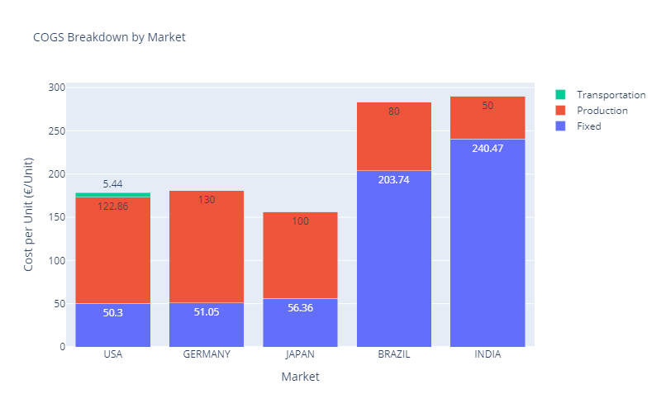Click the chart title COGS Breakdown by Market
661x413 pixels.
click(x=109, y=37)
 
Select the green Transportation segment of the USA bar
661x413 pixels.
click(x=112, y=195)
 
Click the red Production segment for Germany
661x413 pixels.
click(x=207, y=248)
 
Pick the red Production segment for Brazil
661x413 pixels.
click(x=394, y=140)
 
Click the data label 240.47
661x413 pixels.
click(x=487, y=149)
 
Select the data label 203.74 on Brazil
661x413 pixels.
click(x=394, y=179)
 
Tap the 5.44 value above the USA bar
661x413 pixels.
click(x=113, y=183)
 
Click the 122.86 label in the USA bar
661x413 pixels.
click(x=113, y=206)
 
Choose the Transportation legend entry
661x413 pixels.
click(x=611, y=95)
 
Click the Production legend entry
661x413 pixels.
click(x=602, y=111)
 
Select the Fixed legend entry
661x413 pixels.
click(x=588, y=126)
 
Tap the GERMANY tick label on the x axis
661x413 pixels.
click(x=207, y=355)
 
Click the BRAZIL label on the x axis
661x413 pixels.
click(x=394, y=355)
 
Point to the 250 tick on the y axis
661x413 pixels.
click(x=55, y=131)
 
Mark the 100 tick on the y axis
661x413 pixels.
click(x=55, y=261)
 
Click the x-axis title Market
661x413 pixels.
click(x=300, y=377)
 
